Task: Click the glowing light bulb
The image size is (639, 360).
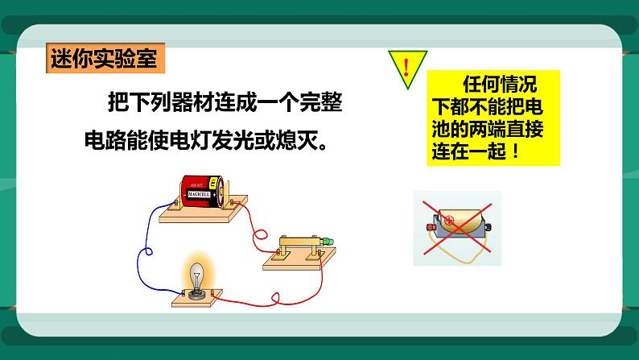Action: tap(196, 271)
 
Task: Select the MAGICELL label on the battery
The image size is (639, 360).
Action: tap(198, 194)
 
